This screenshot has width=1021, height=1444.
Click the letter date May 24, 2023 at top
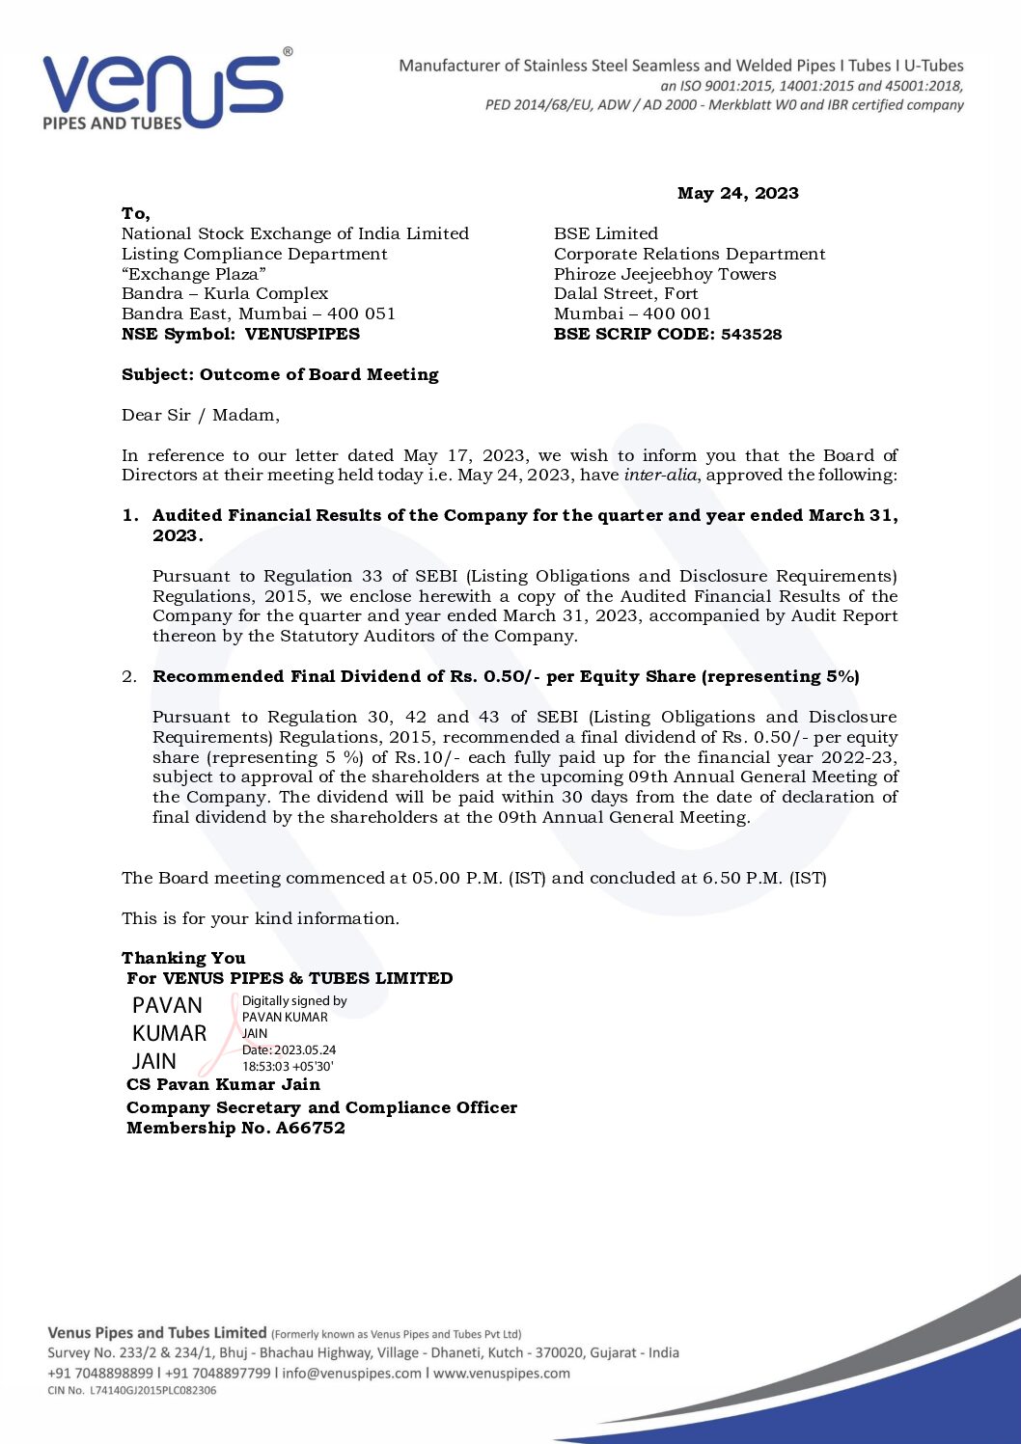coord(737,193)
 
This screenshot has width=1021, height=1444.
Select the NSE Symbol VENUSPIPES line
coord(240,334)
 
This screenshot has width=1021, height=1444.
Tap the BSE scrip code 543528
coord(751,334)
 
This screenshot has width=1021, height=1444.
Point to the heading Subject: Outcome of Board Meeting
coord(280,374)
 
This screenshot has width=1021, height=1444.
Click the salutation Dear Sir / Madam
coord(200,415)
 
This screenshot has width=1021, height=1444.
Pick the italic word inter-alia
coord(660,475)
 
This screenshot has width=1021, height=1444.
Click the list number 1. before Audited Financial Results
coord(130,515)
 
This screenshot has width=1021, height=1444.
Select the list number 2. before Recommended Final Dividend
coord(129,676)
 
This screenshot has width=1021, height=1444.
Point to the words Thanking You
coord(183,958)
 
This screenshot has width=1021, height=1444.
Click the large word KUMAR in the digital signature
coord(169,1033)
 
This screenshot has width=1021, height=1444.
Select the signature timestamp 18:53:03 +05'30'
coord(288,1066)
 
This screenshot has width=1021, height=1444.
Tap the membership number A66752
coord(310,1128)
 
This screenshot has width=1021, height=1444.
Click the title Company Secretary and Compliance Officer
coord(321,1107)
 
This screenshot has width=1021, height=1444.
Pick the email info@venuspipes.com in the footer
coord(351,1373)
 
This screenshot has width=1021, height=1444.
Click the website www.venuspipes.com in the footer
coord(501,1373)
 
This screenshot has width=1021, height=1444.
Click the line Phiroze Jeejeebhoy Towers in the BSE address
coord(665,274)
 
